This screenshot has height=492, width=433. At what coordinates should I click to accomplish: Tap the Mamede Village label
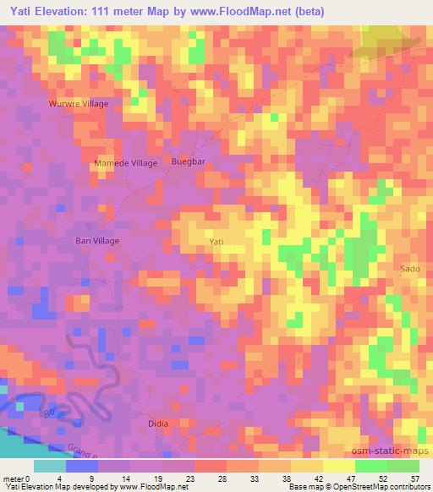point(126,163)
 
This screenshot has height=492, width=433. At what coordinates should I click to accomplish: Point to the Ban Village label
point(98,241)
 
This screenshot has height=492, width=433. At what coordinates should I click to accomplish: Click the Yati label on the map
point(216,242)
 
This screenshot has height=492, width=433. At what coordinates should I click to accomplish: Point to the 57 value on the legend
point(415,479)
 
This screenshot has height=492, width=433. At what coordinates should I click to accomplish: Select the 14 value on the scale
point(127,479)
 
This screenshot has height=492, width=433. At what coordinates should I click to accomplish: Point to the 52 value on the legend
point(383,479)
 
